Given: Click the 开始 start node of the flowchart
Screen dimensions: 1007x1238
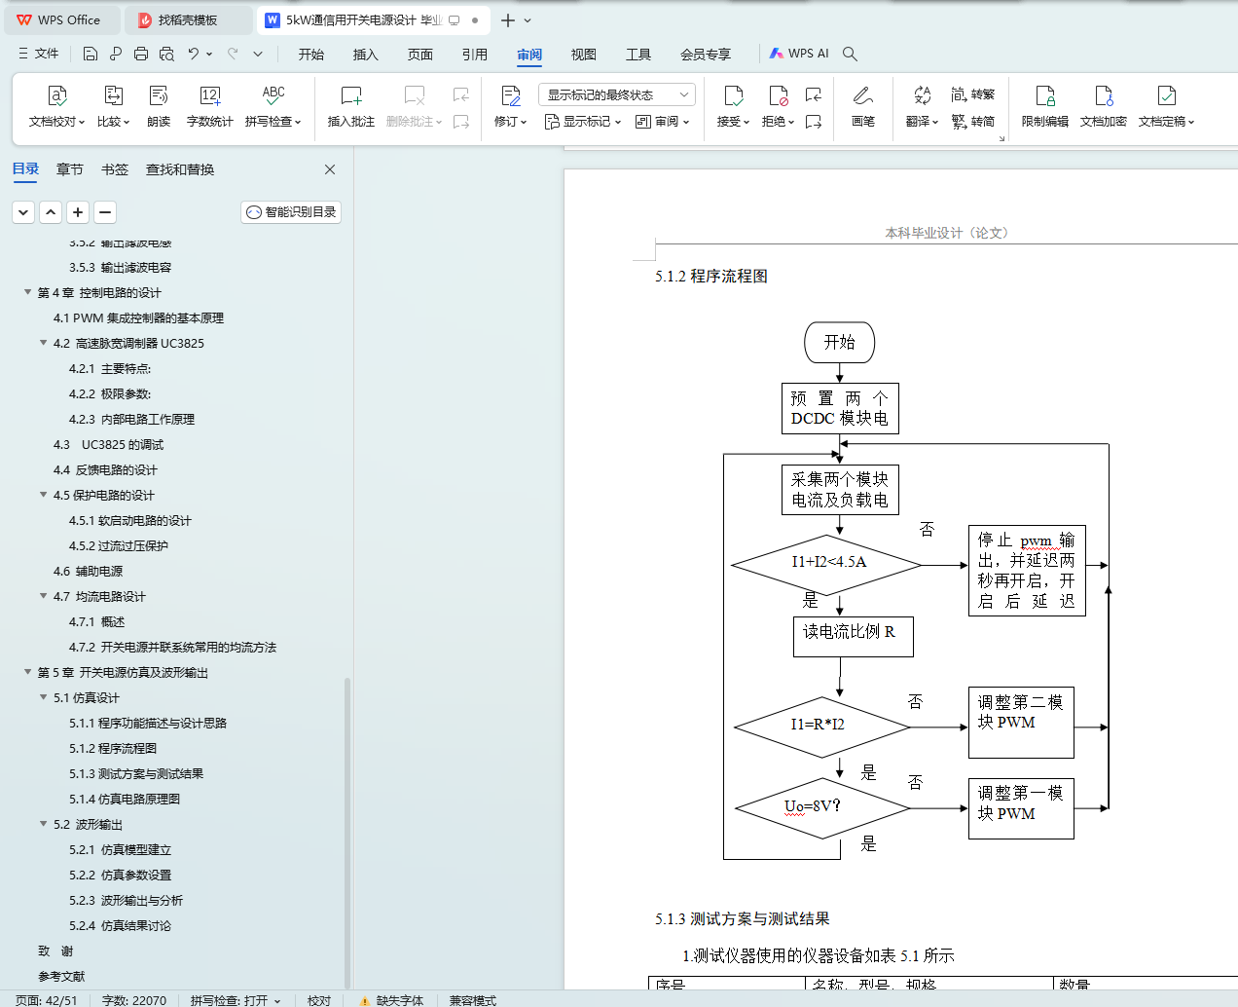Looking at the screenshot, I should pos(839,343).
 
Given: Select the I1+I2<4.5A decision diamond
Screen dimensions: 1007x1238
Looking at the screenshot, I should pos(827,563).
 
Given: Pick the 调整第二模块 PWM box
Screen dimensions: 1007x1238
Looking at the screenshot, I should pos(1020,722).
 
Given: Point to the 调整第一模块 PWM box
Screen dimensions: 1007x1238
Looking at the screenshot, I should pos(1020,807).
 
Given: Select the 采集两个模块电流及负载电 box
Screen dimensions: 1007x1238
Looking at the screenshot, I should pos(840,490).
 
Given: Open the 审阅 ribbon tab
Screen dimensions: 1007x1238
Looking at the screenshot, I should pos(529,55).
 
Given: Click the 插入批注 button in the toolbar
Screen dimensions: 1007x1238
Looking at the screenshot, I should pos(351,105).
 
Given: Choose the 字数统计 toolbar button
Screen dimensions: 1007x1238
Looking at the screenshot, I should pos(210,105).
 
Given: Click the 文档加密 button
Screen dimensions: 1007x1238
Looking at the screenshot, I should pos(1103,105).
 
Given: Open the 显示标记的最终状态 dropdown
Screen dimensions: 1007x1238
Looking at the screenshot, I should pos(616,94).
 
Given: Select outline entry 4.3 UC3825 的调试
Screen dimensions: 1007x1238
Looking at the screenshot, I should pos(108,444).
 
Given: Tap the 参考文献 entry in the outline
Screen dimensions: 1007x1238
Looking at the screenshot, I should pos(61,976).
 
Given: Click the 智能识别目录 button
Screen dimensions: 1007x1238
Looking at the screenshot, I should pos(291,212).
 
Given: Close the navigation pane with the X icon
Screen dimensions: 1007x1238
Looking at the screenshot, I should pos(330,169).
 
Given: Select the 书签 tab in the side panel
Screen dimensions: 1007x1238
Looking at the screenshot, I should pos(115,169).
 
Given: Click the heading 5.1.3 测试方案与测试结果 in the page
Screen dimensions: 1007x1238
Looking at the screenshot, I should pos(742,918).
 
